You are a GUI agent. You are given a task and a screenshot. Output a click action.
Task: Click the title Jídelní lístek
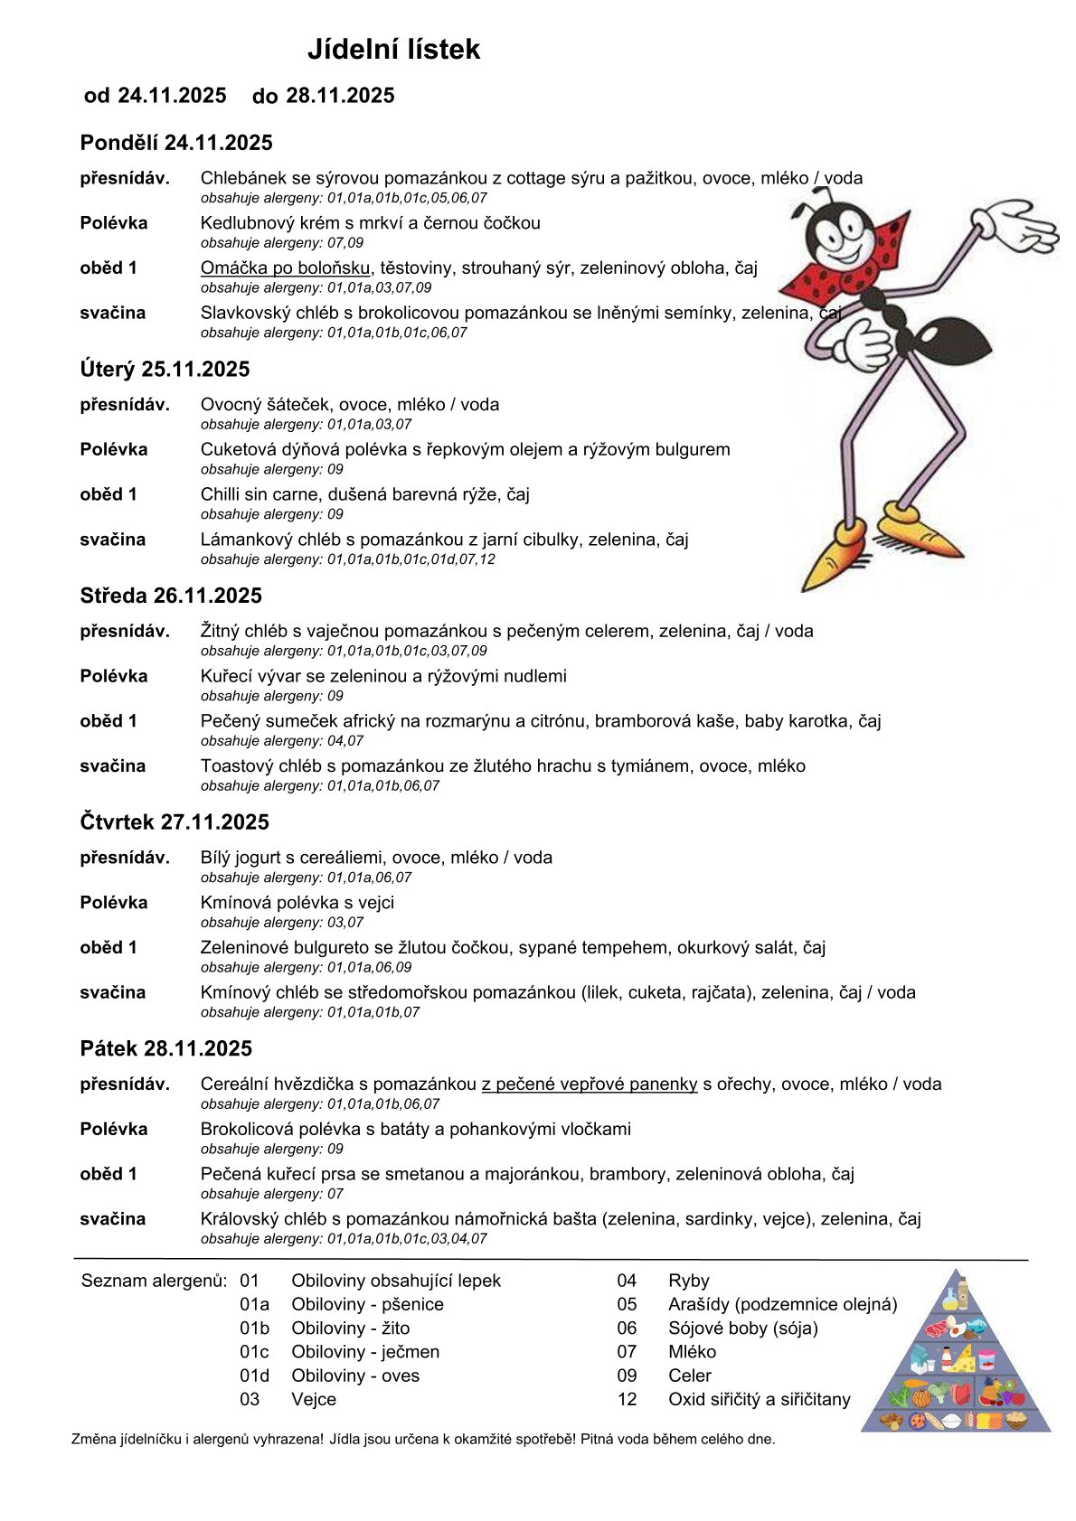pyautogui.click(x=393, y=49)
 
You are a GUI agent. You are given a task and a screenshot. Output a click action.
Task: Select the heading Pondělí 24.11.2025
pyautogui.click(x=176, y=143)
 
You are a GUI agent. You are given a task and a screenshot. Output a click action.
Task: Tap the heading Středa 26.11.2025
pyautogui.click(x=171, y=596)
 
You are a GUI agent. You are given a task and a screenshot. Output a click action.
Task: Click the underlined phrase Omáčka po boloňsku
pyautogui.click(x=285, y=268)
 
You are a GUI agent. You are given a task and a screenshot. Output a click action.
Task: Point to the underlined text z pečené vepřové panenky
pyautogui.click(x=589, y=1084)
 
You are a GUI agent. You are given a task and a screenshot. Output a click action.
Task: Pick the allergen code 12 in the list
pyautogui.click(x=627, y=1400)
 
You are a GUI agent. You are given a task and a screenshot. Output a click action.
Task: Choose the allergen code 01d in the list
pyautogui.click(x=254, y=1375)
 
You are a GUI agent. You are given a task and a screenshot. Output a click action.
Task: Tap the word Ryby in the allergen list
pyautogui.click(x=689, y=1281)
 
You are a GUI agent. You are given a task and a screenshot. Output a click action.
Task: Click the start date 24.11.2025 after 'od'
pyautogui.click(x=172, y=96)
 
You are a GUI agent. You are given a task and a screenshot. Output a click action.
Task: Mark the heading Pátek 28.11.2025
pyautogui.click(x=166, y=1048)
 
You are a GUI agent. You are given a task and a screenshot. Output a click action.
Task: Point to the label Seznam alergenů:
pyautogui.click(x=153, y=1281)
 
